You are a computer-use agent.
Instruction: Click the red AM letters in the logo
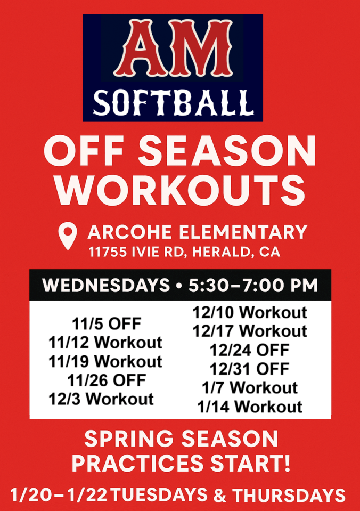pyautogui.click(x=173, y=48)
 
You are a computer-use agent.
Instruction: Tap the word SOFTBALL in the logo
pyautogui.click(x=173, y=102)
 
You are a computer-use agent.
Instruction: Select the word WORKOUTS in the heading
pyautogui.click(x=180, y=190)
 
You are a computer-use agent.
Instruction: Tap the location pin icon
pyautogui.click(x=68, y=236)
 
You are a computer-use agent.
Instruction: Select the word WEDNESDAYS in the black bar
pyautogui.click(x=106, y=285)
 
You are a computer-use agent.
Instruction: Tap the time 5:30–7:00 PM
pyautogui.click(x=253, y=285)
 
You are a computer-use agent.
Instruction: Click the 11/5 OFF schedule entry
pyautogui.click(x=107, y=323)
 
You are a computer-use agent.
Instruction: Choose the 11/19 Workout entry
pyautogui.click(x=105, y=361)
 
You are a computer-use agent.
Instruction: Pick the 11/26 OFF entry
pyautogui.click(x=107, y=380)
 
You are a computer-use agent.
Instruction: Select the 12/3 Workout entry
pyautogui.click(x=101, y=399)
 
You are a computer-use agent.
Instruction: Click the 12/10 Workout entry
pyautogui.click(x=250, y=312)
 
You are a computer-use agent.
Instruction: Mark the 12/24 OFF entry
pyautogui.click(x=250, y=350)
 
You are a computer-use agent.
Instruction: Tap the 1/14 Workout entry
pyautogui.click(x=250, y=407)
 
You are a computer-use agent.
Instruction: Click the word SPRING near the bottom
pyautogui.click(x=129, y=439)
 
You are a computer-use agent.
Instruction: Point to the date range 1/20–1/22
pyautogui.click(x=59, y=494)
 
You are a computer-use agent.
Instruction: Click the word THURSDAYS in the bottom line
pyautogui.click(x=289, y=494)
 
